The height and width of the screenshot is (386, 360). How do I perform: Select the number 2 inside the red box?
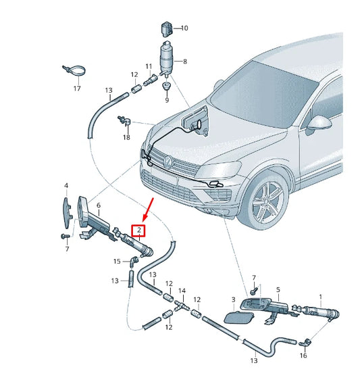[138, 231]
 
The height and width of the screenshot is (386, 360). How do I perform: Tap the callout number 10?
[184, 28]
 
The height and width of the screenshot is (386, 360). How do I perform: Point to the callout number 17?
[76, 89]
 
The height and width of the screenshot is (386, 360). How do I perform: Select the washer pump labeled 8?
[166, 59]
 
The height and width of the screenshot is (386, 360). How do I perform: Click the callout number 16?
[303, 355]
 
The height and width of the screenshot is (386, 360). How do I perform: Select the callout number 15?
[116, 262]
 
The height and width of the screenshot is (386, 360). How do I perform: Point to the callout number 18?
[126, 137]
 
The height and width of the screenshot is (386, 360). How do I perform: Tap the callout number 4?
[66, 185]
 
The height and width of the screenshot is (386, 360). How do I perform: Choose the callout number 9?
[166, 101]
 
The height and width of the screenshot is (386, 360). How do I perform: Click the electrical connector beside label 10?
[166, 28]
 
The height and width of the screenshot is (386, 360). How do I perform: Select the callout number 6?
[99, 206]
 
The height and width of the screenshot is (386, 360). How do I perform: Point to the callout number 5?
[278, 289]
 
